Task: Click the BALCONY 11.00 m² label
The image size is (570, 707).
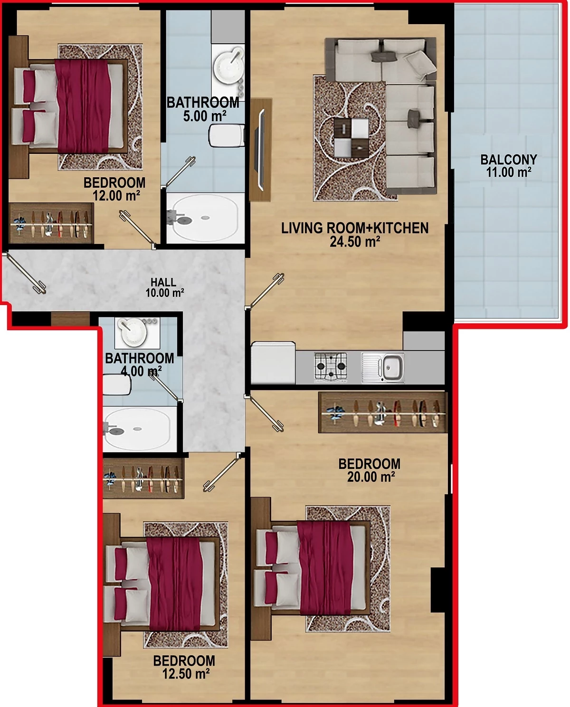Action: click(509, 166)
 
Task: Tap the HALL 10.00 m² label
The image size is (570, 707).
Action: click(164, 287)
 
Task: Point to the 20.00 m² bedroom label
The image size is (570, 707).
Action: click(370, 470)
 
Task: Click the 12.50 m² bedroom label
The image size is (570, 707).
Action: click(184, 667)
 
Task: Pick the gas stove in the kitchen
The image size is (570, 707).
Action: click(331, 367)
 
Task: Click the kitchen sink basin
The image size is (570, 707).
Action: click(392, 367)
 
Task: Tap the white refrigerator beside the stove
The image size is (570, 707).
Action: click(273, 363)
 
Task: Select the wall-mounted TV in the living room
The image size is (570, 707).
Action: click(261, 150)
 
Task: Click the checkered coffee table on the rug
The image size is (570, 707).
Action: click(351, 138)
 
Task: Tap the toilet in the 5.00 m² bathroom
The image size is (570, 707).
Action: click(227, 135)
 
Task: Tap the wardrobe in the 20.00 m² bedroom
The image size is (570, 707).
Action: click(383, 412)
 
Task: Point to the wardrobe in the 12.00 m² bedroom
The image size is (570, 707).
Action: click(51, 223)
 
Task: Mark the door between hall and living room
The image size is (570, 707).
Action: click(265, 291)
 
